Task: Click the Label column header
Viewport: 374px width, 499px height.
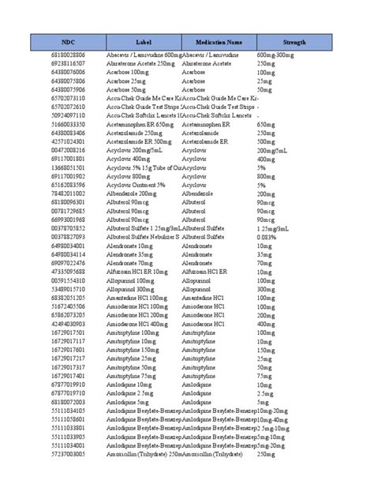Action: [143, 41]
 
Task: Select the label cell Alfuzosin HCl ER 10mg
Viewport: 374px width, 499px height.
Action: [138, 272]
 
